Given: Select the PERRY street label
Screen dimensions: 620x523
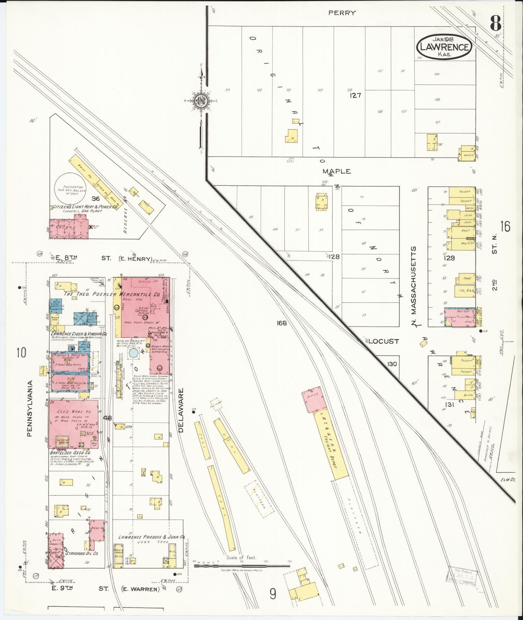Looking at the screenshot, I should [x=342, y=13].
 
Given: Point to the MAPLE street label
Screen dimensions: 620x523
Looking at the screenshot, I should [x=337, y=171].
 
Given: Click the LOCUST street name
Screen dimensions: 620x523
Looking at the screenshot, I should [x=383, y=341].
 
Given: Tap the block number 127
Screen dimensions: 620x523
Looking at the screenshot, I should [x=355, y=96].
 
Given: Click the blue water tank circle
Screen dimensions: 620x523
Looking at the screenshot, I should [x=133, y=353].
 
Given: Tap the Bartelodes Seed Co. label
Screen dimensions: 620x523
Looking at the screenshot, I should [x=70, y=452].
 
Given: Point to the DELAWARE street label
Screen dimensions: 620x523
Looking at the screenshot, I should [x=181, y=411].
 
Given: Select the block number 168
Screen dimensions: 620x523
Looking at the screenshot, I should [x=281, y=323].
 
